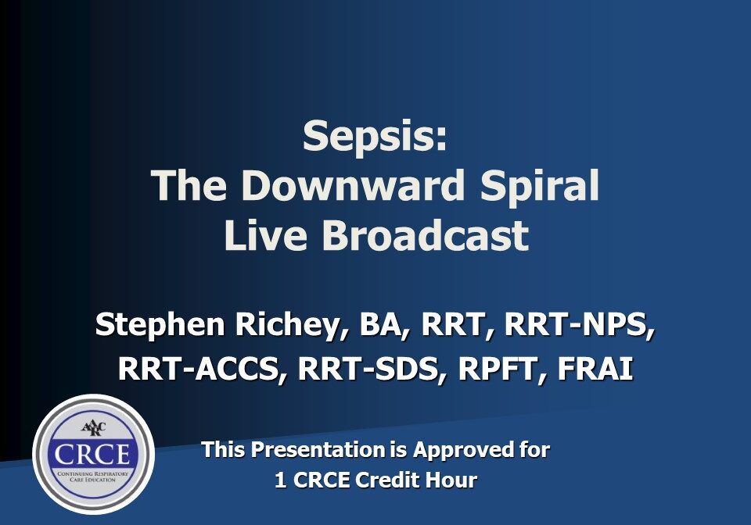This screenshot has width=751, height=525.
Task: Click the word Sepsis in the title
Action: [375, 136]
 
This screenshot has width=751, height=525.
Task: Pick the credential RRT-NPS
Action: [580, 325]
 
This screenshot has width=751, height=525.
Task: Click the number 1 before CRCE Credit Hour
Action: [280, 480]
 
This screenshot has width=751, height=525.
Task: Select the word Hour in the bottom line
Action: [452, 480]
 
